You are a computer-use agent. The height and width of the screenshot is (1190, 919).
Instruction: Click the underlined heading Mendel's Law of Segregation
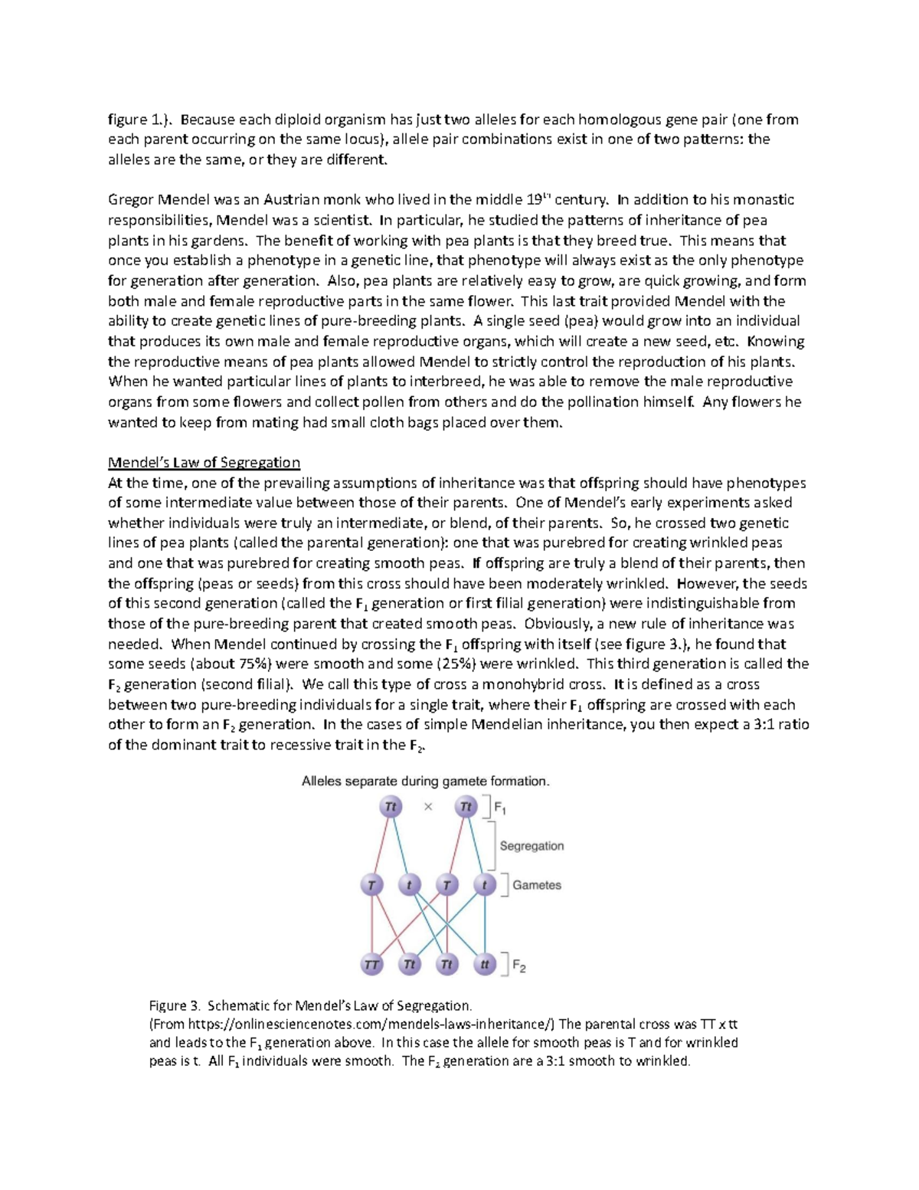click(204, 462)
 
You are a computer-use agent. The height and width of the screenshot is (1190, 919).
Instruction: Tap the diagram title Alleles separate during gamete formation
click(425, 782)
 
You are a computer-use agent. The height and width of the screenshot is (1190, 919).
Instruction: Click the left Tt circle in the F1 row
click(391, 806)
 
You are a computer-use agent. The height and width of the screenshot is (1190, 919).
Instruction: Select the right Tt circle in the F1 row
click(466, 806)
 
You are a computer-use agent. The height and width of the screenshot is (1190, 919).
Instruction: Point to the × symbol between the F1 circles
click(428, 806)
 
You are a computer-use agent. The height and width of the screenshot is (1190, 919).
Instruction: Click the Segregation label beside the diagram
click(531, 846)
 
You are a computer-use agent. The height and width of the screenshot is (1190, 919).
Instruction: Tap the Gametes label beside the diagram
click(536, 885)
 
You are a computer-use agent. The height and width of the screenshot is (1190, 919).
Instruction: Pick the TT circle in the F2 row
click(372, 964)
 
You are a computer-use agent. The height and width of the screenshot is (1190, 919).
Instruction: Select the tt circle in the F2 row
click(484, 964)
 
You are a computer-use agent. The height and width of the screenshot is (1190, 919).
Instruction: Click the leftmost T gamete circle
click(372, 885)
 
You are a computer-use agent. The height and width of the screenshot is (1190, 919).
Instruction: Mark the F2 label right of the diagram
click(519, 966)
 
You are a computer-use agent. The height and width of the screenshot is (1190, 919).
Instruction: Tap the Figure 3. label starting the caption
click(174, 1005)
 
